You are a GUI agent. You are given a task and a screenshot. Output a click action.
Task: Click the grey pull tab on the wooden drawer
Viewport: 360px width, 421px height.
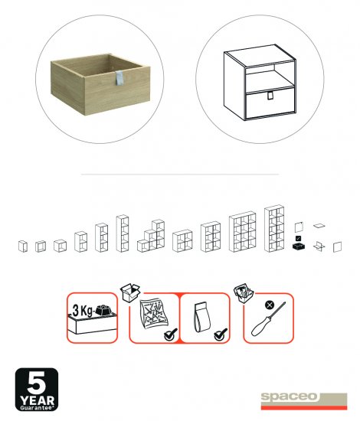coord(119,79)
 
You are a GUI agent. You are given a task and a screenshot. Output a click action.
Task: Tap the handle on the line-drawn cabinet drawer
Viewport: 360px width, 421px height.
coord(270,96)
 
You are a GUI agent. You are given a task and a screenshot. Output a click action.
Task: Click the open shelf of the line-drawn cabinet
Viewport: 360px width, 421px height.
coord(270,78)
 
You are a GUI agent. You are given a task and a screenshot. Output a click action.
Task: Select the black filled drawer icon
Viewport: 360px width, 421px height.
coord(299,246)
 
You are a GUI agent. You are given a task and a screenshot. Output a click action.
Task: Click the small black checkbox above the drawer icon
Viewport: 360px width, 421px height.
coord(298,238)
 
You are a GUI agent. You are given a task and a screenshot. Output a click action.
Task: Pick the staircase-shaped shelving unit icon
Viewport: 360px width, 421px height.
coord(151,236)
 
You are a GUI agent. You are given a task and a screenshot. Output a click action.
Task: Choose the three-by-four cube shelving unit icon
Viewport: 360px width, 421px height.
coord(242,232)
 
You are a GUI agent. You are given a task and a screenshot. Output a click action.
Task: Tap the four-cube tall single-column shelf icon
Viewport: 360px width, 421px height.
coord(123,233)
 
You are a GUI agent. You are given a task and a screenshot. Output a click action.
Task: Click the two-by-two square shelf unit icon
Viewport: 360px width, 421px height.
coord(182,240)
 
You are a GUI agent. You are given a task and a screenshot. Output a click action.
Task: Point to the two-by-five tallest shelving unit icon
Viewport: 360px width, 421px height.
coord(274,229)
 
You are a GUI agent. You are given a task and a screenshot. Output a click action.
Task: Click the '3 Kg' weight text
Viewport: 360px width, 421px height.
coord(82,311)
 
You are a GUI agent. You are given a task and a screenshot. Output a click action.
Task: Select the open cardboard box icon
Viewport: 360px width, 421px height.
coord(130,292)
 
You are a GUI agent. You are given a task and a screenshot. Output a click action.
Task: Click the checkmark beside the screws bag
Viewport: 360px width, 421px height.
coord(171,335)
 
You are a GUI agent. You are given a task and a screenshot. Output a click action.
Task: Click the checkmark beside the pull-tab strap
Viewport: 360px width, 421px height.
coord(221,335)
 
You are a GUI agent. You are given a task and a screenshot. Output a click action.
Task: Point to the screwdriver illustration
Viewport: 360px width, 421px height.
coord(268,319)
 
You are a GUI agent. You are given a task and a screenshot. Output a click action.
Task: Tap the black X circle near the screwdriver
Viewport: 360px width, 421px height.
coord(270,305)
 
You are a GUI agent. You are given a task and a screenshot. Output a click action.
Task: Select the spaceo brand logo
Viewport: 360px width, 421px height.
coord(304,401)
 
